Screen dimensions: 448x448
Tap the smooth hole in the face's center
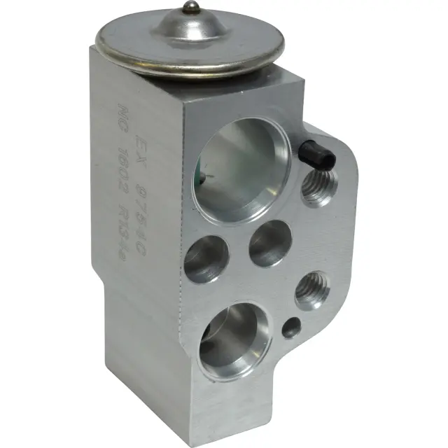pyautogui.click(x=270, y=243)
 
